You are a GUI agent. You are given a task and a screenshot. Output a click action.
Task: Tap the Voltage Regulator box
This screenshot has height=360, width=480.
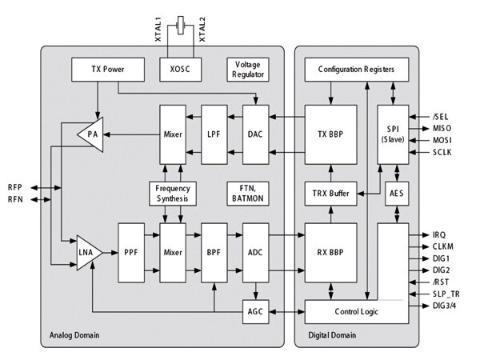click(x=246, y=69)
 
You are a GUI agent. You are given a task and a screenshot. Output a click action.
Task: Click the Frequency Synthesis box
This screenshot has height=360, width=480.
click(x=173, y=192)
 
